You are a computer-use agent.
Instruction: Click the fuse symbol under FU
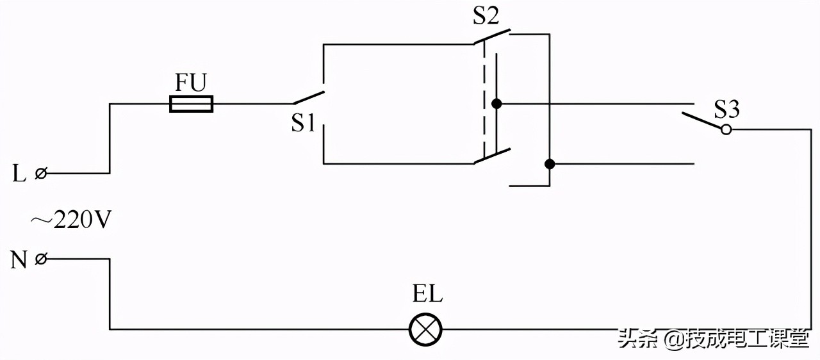[191, 104]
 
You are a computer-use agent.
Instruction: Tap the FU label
[191, 84]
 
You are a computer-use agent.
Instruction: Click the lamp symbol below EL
[426, 329]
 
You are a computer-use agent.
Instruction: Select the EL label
[427, 296]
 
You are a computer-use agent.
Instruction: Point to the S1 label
[303, 123]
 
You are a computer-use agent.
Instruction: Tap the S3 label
[726, 110]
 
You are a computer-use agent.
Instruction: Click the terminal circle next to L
[41, 173]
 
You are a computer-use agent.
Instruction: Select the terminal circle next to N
[41, 259]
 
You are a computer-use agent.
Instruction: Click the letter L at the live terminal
[19, 174]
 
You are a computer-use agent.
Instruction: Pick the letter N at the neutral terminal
[19, 260]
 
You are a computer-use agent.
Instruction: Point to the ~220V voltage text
[71, 220]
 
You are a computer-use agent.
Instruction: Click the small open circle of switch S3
[726, 129]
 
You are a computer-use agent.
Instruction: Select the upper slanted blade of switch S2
[492, 36]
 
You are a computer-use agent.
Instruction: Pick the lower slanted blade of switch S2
[492, 156]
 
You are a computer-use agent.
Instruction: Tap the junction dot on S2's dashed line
[495, 104]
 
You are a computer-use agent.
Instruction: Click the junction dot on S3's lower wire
[549, 163]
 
